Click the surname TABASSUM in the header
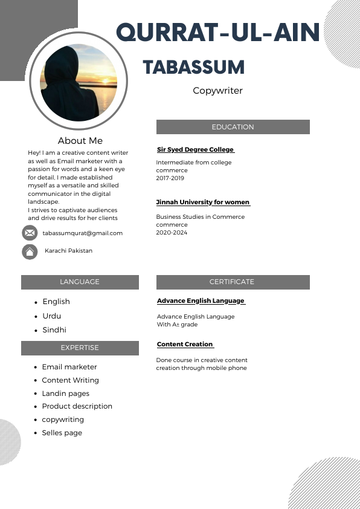pyautogui.click(x=194, y=67)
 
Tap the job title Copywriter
pyautogui.click(x=217, y=91)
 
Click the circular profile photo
pyautogui.click(x=79, y=82)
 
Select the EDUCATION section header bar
pyautogui.click(x=233, y=127)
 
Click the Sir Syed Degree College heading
pyautogui.click(x=195, y=149)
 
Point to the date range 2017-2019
pyautogui.click(x=170, y=178)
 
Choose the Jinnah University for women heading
pyautogui.click(x=203, y=202)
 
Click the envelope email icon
pyautogui.click(x=30, y=233)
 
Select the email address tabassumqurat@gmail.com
pyautogui.click(x=82, y=233)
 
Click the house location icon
pyautogui.click(x=30, y=251)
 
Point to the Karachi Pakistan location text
pyautogui.click(x=68, y=250)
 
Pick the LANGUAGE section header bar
pyautogui.click(x=80, y=282)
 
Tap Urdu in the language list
pyautogui.click(x=52, y=316)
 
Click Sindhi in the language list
pyautogui.click(x=54, y=330)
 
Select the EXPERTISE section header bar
pyautogui.click(x=80, y=348)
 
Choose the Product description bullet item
pyautogui.click(x=77, y=406)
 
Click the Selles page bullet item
pyautogui.click(x=62, y=433)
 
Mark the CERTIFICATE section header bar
pyautogui.click(x=233, y=282)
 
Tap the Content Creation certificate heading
pyautogui.click(x=185, y=344)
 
